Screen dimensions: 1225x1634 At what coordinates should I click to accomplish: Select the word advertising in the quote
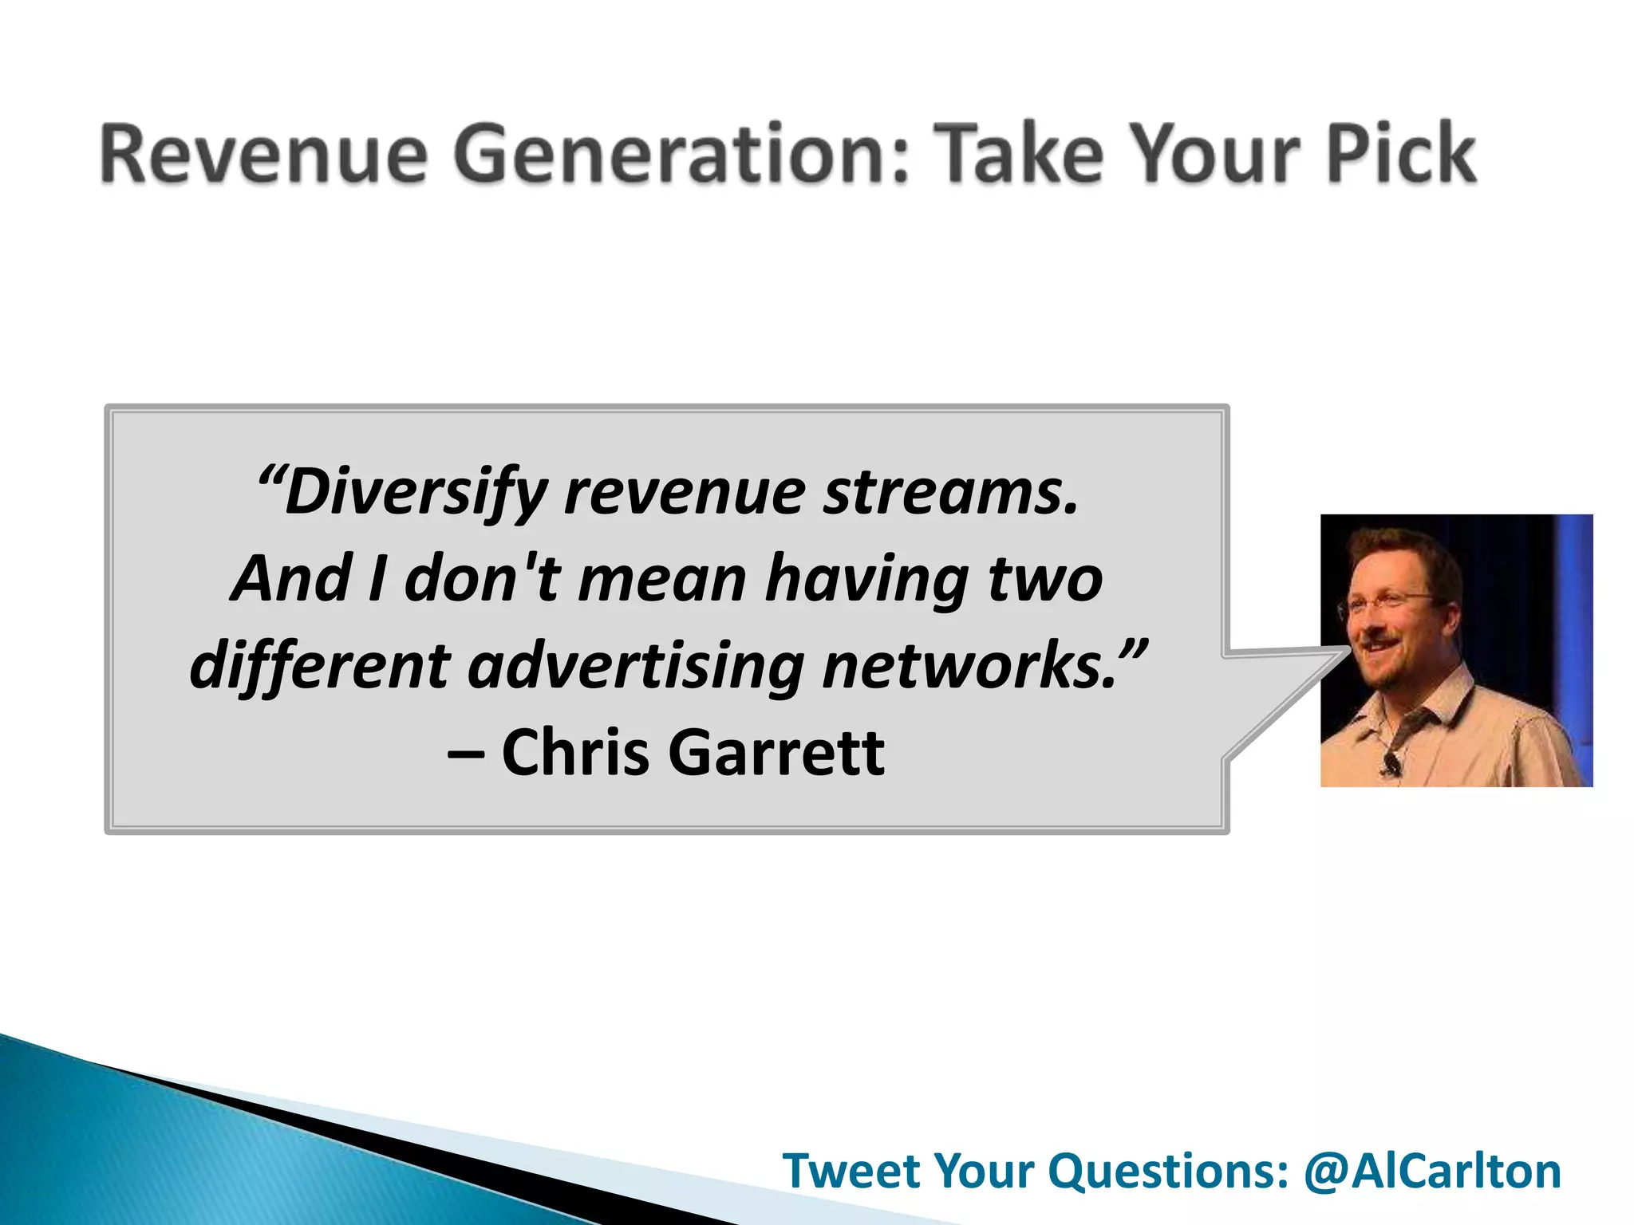coord(636,666)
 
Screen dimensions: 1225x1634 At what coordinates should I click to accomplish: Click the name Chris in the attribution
coord(575,752)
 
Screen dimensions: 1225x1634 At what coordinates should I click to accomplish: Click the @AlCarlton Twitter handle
coord(1432,1171)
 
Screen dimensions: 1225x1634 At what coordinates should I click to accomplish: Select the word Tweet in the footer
coord(851,1171)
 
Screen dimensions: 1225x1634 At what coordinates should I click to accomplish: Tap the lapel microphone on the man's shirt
coord(1391,763)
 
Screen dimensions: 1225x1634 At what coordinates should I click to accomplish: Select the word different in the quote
coord(320,666)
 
